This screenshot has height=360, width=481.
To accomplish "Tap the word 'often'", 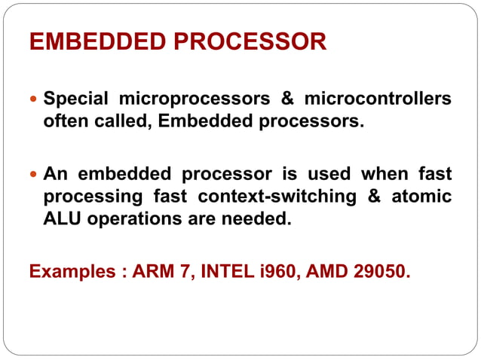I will click(x=66, y=121).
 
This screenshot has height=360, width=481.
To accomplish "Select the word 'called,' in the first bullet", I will click(x=126, y=121).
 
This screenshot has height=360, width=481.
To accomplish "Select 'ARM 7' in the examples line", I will click(x=160, y=270).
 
